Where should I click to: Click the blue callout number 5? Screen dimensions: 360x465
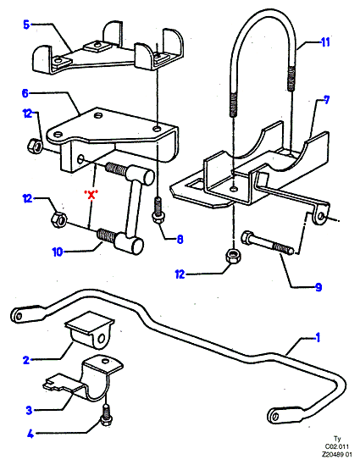click(x=26, y=25)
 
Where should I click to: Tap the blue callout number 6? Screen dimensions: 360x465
click(x=25, y=93)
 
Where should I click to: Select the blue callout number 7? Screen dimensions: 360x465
click(x=326, y=100)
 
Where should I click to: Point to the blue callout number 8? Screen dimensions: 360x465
click(x=180, y=239)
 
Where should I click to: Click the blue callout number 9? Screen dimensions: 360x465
click(x=318, y=287)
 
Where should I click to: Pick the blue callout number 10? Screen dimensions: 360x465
click(x=58, y=252)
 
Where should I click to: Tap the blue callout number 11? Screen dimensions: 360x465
click(x=325, y=42)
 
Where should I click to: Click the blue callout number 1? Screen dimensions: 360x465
click(x=318, y=337)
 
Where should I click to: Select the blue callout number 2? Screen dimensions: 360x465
click(x=26, y=360)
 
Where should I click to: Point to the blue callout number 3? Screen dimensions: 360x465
click(x=29, y=411)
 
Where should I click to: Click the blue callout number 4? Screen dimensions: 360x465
click(x=30, y=435)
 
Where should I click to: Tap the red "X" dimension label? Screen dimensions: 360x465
click(x=91, y=195)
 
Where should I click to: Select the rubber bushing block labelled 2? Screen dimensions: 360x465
click(x=90, y=329)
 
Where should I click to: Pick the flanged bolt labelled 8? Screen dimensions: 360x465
click(x=158, y=211)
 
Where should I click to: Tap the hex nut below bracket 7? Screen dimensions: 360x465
click(x=234, y=255)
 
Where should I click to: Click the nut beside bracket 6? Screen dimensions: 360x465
click(x=35, y=144)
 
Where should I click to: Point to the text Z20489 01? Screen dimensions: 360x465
click(x=337, y=454)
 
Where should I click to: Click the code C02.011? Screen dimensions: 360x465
click(x=337, y=446)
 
